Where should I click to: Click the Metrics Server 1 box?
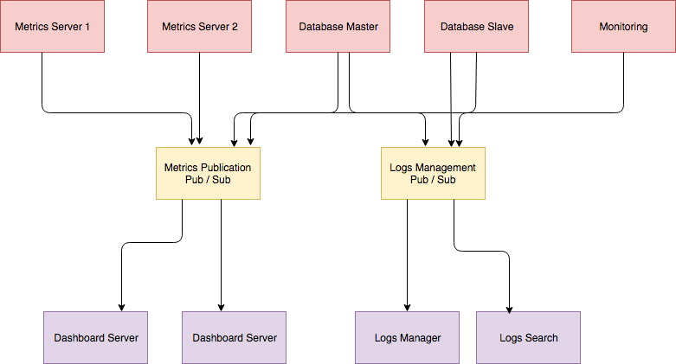click(x=52, y=26)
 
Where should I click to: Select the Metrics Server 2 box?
click(x=199, y=26)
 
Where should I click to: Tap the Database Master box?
click(x=338, y=26)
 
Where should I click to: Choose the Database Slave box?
click(x=476, y=26)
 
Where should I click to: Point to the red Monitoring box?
click(x=623, y=26)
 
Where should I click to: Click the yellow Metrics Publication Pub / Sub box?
click(x=208, y=173)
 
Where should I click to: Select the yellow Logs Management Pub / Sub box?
click(x=433, y=173)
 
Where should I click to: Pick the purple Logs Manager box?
click(x=407, y=337)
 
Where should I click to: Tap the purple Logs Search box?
click(x=528, y=337)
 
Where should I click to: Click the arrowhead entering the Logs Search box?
click(x=509, y=307)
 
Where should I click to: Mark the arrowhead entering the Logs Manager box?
click(x=407, y=307)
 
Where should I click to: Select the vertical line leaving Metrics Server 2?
click(x=200, y=95)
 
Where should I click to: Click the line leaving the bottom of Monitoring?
click(x=623, y=82)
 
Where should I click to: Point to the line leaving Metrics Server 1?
click(x=42, y=82)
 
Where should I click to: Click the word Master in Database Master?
click(x=359, y=27)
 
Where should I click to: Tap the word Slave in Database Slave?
click(x=499, y=27)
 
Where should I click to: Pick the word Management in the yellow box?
click(x=446, y=167)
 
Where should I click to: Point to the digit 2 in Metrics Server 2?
click(x=235, y=27)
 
